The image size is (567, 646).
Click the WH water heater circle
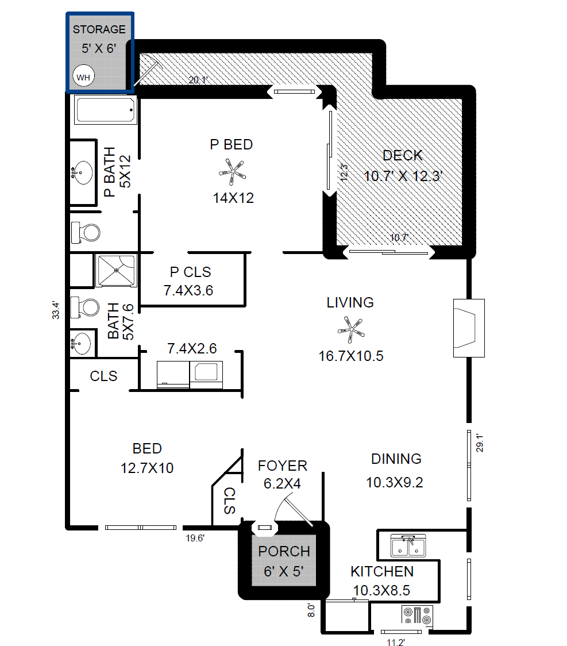84,76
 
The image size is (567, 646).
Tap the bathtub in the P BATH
106,110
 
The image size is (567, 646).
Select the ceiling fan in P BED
232,172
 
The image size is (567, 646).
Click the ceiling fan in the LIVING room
351,329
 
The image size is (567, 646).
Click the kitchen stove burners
417,615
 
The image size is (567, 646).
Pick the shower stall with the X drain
116,270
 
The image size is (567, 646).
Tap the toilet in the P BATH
86,232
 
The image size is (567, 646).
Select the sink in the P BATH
82,172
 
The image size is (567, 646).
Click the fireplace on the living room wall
469,328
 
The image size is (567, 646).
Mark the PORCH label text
284,551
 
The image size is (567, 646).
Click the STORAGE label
99,29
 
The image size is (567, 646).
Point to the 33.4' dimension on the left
56,310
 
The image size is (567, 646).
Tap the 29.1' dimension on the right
480,443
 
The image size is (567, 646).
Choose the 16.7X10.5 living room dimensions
351,356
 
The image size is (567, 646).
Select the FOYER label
283,466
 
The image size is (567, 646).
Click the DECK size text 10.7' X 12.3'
403,176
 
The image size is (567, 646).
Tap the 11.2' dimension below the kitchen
396,642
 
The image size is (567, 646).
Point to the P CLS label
190,272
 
